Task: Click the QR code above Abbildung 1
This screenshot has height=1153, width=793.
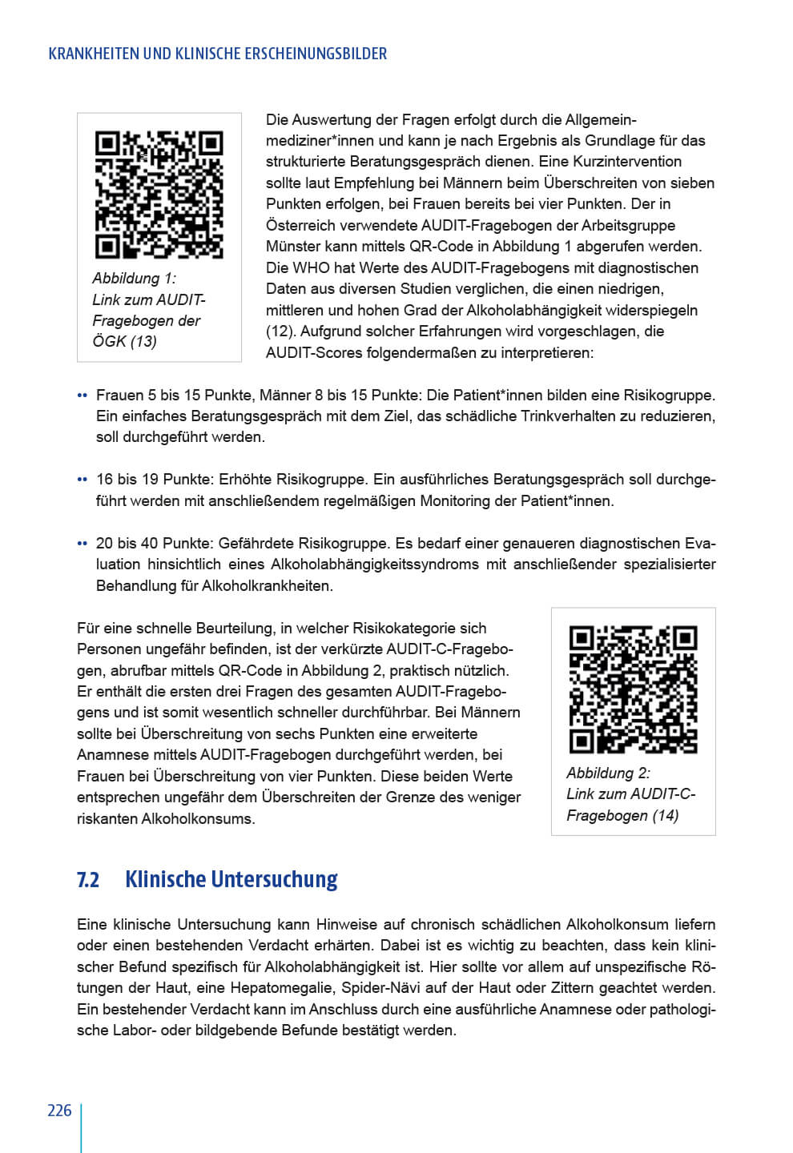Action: pyautogui.click(x=159, y=195)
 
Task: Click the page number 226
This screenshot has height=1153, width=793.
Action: pyautogui.click(x=60, y=1111)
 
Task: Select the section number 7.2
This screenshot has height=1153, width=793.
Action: pyautogui.click(x=88, y=879)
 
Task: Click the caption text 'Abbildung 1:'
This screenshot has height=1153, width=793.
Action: pyautogui.click(x=135, y=279)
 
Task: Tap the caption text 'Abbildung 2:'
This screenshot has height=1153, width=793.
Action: pyautogui.click(x=609, y=773)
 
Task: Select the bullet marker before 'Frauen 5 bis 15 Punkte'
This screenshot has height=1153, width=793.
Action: pyautogui.click(x=82, y=396)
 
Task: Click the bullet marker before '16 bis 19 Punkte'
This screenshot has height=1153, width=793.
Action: pyautogui.click(x=82, y=480)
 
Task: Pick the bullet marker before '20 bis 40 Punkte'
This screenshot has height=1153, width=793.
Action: pyautogui.click(x=82, y=544)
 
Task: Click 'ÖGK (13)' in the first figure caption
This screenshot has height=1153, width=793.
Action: pyautogui.click(x=125, y=342)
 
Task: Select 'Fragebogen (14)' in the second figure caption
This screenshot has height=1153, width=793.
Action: pyautogui.click(x=622, y=816)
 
